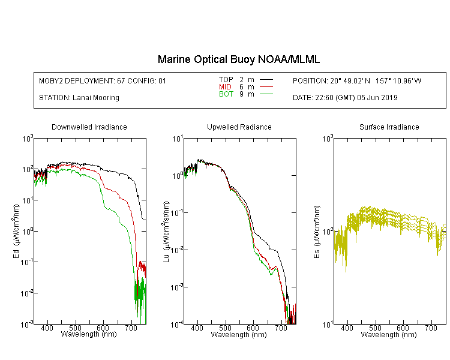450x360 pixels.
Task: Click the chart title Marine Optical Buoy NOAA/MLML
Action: pyautogui.click(x=238, y=59)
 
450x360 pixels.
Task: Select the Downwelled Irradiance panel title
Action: pyautogui.click(x=89, y=127)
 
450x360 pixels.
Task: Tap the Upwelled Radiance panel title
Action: pyautogui.click(x=239, y=127)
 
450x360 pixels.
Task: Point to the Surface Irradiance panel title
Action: pyautogui.click(x=389, y=127)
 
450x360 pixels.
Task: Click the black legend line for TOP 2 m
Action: pyautogui.click(x=266, y=80)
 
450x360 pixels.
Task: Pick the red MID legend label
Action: pyautogui.click(x=225, y=86)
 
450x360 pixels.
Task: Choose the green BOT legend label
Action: pyautogui.click(x=226, y=94)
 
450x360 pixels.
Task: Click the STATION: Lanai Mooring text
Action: pyautogui.click(x=79, y=98)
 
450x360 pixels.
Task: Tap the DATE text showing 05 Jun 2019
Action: pyautogui.click(x=345, y=98)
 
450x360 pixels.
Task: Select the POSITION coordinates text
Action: pyautogui.click(x=357, y=80)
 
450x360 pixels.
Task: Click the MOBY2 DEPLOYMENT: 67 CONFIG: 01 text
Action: pyautogui.click(x=103, y=80)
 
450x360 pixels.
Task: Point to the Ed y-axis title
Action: pyautogui.click(x=16, y=232)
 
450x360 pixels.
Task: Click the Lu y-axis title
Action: pyautogui.click(x=166, y=232)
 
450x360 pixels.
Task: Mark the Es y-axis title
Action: pyautogui.click(x=316, y=232)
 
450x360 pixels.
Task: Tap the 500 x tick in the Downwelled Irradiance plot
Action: pyautogui.click(x=75, y=328)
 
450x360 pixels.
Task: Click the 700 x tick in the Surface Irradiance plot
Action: pyautogui.click(x=431, y=328)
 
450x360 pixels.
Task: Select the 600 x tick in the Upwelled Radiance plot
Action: pyautogui.click(x=253, y=328)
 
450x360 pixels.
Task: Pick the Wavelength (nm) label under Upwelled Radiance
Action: pyautogui.click(x=239, y=335)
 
